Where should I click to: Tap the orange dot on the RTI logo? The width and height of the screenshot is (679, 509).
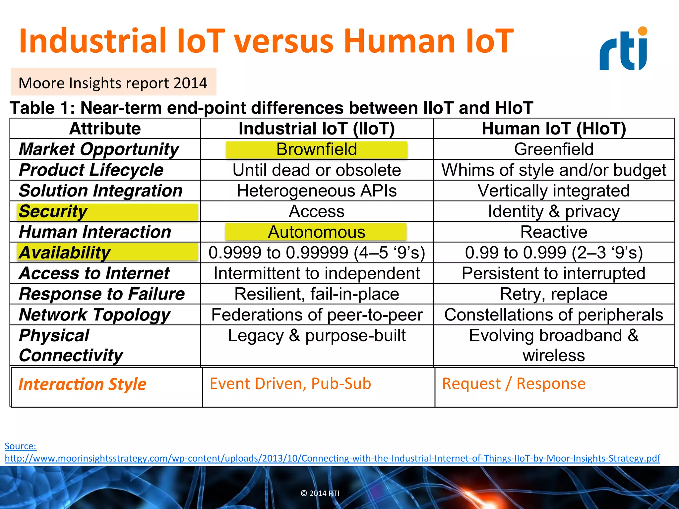643,31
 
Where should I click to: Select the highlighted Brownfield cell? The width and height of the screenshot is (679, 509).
317,149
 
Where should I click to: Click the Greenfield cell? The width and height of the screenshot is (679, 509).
554,149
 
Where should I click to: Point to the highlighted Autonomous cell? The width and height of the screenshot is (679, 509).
316,232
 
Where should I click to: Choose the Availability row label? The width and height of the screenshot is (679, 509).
65,253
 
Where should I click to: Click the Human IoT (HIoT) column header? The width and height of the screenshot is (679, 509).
554,129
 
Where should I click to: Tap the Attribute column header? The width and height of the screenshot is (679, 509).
105,129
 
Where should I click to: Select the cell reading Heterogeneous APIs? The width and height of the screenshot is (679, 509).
317,191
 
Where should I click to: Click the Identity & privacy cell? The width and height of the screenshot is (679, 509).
554,211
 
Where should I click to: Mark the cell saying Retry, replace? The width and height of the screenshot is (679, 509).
554,294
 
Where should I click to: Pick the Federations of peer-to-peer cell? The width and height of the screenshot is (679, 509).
317,315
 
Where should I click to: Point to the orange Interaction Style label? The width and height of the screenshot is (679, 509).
82,384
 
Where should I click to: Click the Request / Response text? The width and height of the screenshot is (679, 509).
514,384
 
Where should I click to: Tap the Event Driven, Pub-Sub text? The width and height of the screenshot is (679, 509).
290,384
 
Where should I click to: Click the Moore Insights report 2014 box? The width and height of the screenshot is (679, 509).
113,83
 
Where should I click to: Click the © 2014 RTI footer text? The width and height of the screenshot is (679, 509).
320,493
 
